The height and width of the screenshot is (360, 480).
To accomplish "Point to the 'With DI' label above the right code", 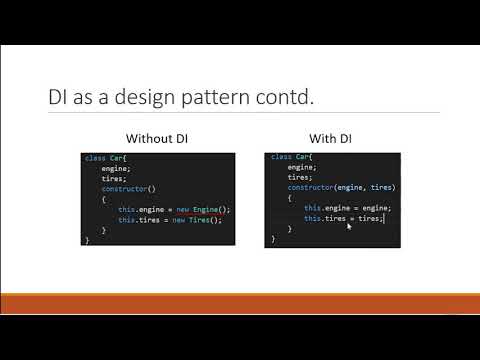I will pos(332,139).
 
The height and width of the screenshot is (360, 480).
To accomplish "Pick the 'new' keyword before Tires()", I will pos(180,219).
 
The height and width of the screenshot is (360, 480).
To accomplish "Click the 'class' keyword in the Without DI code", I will pos(93,159).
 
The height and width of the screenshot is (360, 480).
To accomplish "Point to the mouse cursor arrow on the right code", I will pos(348,225).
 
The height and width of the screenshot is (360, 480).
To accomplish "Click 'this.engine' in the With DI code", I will pos(323,208).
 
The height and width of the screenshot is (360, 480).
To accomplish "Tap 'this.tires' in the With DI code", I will pos(321,218).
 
